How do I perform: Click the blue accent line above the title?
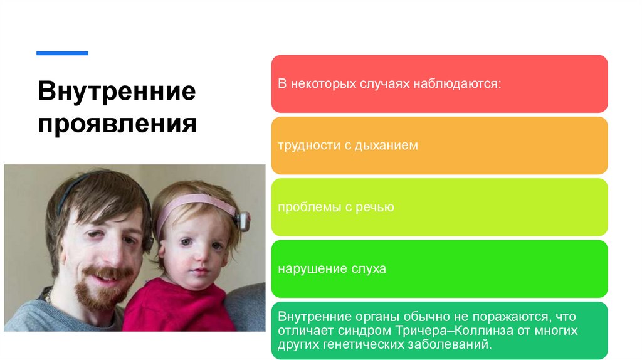pyautogui.click(x=62, y=53)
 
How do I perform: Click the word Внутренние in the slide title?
pyautogui.click(x=117, y=92)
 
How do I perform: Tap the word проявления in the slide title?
pyautogui.click(x=117, y=123)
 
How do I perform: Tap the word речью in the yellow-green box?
pyautogui.click(x=376, y=207)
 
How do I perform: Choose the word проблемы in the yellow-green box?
pyautogui.click(x=305, y=207)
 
